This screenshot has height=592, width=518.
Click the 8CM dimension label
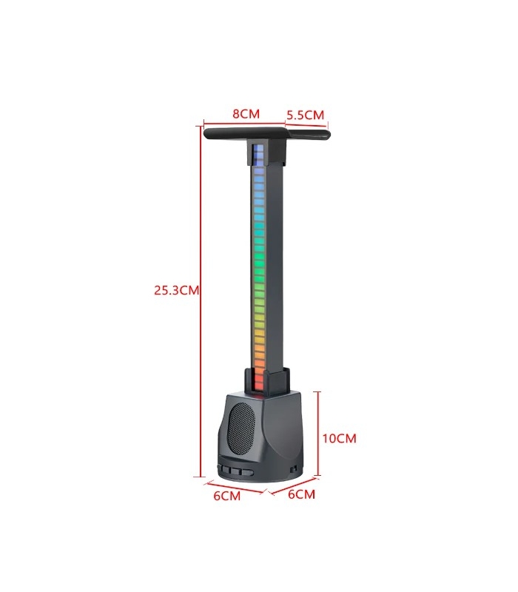click(246, 114)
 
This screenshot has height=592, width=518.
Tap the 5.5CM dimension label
click(305, 115)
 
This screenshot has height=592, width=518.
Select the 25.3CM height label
click(177, 290)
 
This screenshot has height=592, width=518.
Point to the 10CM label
click(340, 438)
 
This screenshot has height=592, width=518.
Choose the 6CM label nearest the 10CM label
click(300, 494)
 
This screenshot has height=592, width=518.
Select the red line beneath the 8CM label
click(245, 122)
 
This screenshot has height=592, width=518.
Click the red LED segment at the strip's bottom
click(258, 383)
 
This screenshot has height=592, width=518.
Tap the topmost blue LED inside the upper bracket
click(258, 149)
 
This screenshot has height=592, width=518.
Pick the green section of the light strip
click(258, 244)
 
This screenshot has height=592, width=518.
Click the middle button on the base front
click(235, 470)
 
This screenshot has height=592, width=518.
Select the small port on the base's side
click(295, 468)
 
